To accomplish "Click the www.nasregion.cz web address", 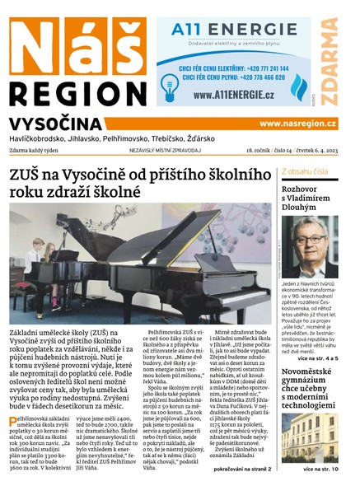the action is (x=297, y=124).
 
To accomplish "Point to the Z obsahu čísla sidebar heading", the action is (x=306, y=171).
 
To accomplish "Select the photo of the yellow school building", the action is (x=308, y=437).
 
